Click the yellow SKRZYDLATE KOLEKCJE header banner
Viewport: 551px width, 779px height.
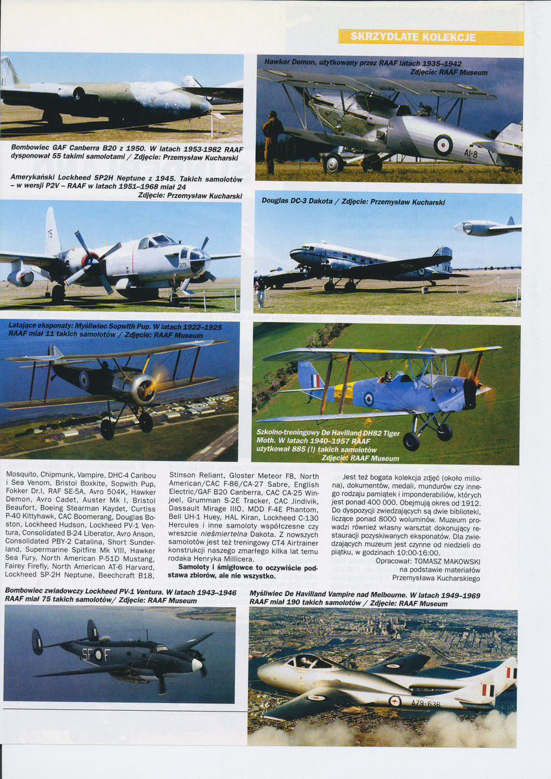pos(430,37)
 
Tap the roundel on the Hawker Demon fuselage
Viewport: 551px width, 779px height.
pos(444,144)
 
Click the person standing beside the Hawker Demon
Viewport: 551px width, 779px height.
pos(272,136)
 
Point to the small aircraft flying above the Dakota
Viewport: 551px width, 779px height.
pos(487,227)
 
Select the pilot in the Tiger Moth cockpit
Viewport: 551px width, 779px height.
pos(387,377)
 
